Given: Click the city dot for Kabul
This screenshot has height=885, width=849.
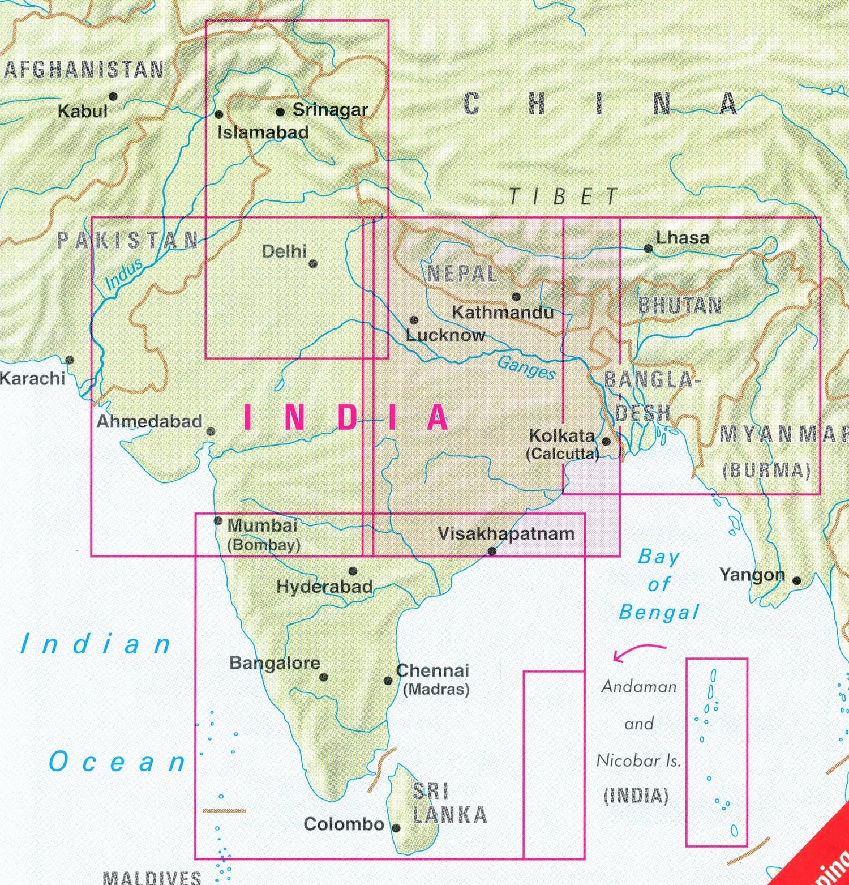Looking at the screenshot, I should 113,96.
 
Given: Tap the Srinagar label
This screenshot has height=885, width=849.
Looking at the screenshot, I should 330,110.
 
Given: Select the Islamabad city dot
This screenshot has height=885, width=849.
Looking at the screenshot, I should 219,114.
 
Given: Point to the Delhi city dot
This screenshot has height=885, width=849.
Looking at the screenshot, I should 313,264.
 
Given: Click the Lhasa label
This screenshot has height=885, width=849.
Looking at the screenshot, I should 682,238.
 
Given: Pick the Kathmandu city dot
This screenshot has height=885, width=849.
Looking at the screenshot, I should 516,297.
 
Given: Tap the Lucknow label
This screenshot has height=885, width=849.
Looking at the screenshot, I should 445,335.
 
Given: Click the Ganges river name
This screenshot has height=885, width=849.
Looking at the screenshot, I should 526,367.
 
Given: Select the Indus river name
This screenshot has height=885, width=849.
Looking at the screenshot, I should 124,275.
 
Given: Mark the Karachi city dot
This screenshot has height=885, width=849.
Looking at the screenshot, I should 70,360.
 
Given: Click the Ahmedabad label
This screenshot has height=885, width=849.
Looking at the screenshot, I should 149,421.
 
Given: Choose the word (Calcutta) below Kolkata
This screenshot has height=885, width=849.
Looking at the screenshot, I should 562,454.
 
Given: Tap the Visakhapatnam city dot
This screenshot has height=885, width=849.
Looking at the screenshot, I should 492,551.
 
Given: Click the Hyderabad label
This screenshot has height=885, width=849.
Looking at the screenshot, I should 324,587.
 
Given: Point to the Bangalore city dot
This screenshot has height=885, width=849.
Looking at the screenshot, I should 324,677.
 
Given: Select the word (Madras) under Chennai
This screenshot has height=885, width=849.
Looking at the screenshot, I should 436,690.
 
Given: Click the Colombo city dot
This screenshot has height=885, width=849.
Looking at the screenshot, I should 396,828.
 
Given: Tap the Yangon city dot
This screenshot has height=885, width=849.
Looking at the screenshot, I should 797,580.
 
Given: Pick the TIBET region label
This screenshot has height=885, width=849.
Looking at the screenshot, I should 563,197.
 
